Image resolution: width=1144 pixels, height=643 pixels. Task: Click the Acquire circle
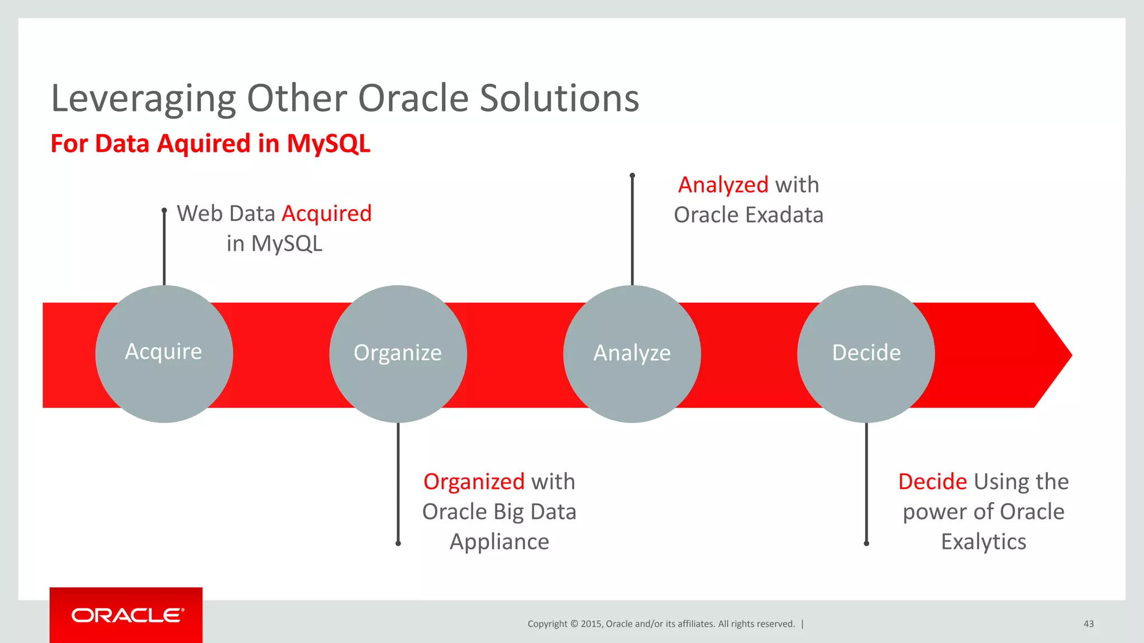pyautogui.click(x=164, y=354)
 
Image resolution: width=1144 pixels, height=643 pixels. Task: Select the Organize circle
pyautogui.click(x=398, y=354)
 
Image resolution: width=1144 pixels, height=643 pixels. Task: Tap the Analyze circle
pyautogui.click(x=632, y=354)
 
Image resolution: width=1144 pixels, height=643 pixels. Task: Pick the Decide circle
pyautogui.click(x=866, y=354)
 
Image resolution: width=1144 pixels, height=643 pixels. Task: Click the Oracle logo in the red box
pyautogui.click(x=127, y=615)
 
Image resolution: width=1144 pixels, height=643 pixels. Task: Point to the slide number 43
pyautogui.click(x=1088, y=624)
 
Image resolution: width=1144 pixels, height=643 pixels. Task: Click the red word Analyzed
pyautogui.click(x=723, y=185)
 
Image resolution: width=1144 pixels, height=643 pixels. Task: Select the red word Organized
pyautogui.click(x=474, y=482)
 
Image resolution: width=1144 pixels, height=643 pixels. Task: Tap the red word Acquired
pyautogui.click(x=326, y=214)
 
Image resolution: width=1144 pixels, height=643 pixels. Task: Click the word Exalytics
pyautogui.click(x=983, y=542)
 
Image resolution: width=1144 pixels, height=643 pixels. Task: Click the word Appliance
pyautogui.click(x=499, y=542)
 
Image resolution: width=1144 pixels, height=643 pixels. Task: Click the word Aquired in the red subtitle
pyautogui.click(x=203, y=144)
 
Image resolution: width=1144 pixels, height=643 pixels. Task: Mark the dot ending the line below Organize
pyautogui.click(x=398, y=543)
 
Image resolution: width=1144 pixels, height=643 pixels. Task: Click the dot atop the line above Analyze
pyautogui.click(x=632, y=176)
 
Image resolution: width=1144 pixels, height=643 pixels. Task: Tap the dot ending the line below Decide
pyautogui.click(x=866, y=543)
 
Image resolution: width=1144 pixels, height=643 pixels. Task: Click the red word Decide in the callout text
pyautogui.click(x=932, y=482)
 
